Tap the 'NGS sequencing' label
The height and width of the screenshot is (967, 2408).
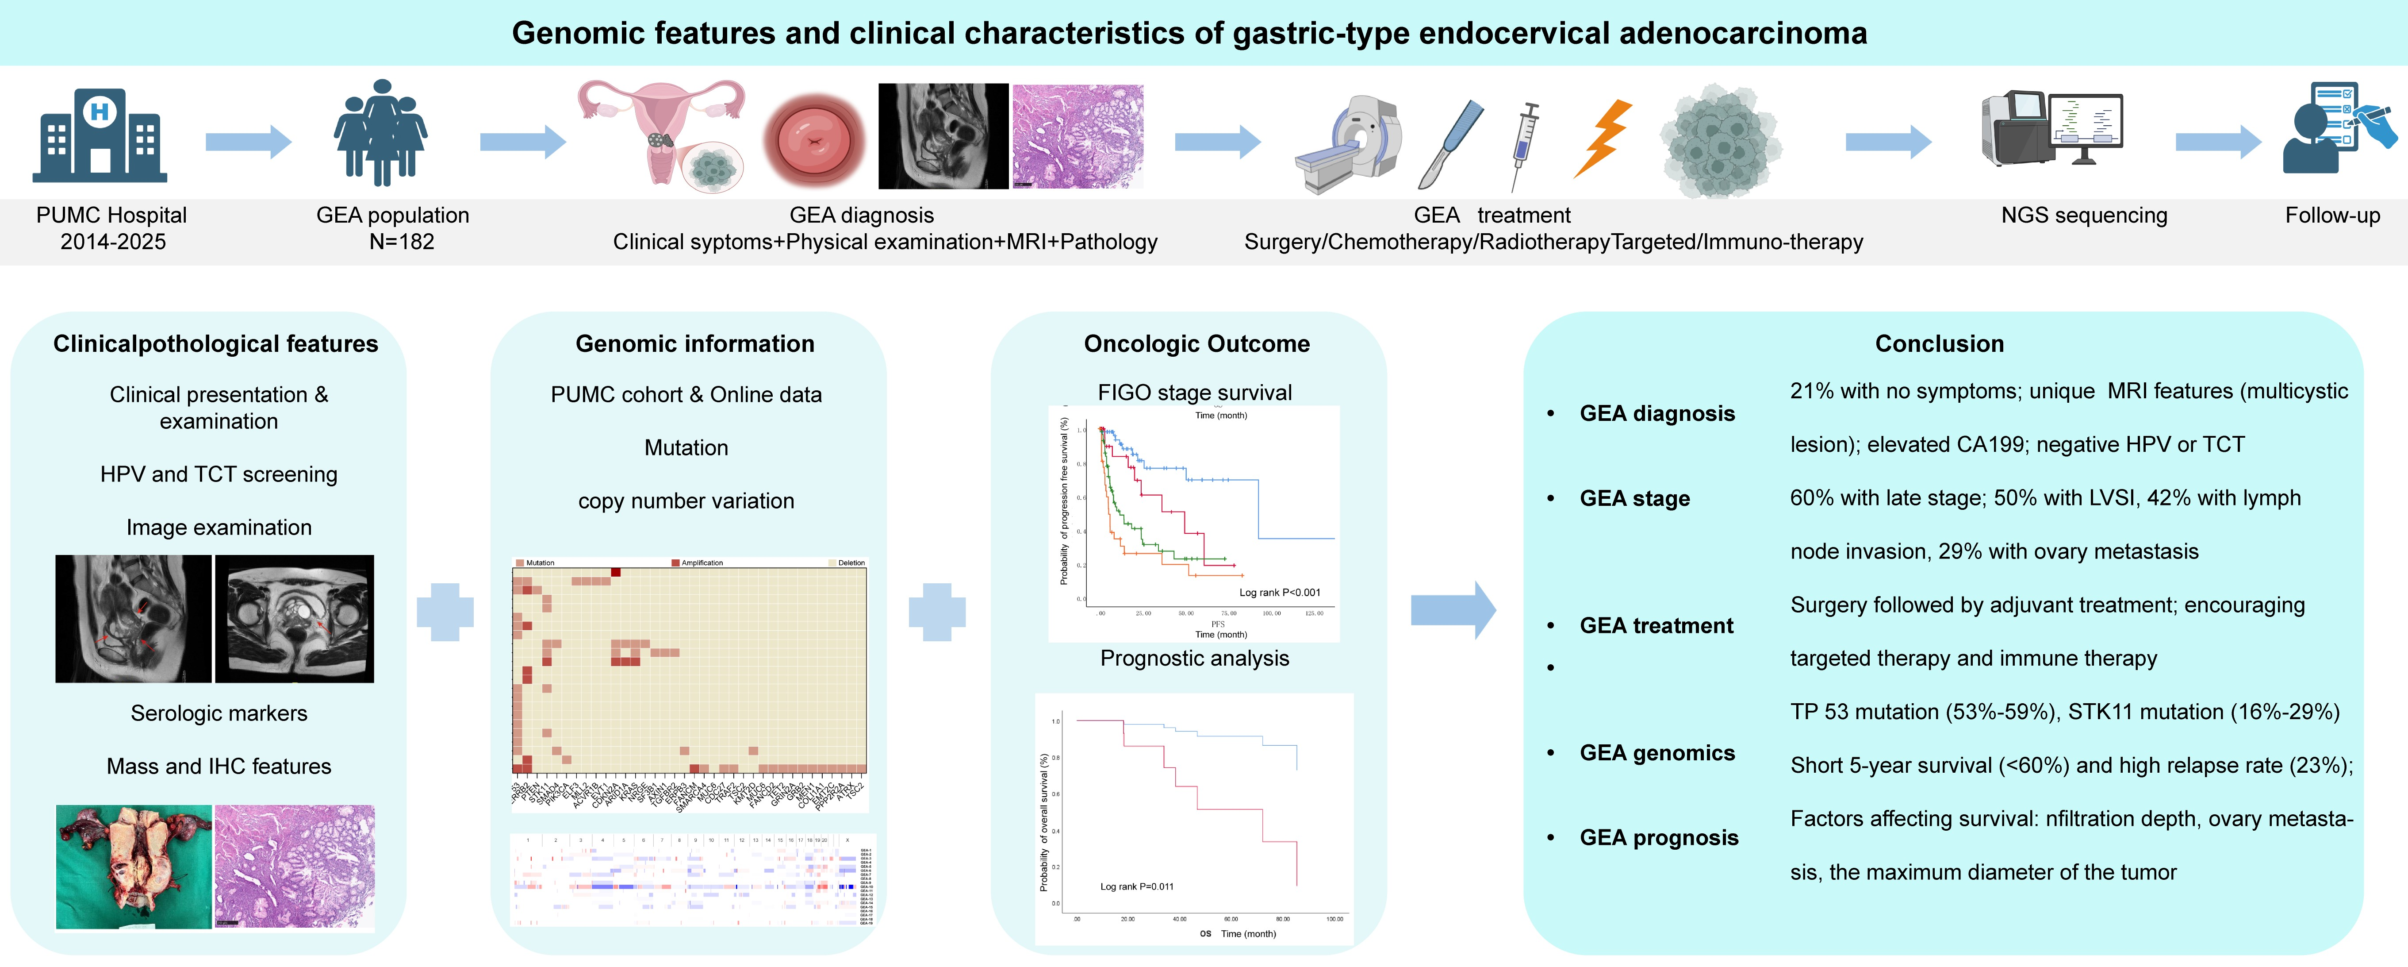pos(2084,215)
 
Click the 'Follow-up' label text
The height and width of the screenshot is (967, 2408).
pos(2332,215)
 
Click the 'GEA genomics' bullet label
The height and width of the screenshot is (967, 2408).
pos(1656,753)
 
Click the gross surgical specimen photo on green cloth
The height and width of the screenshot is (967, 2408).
pos(134,866)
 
